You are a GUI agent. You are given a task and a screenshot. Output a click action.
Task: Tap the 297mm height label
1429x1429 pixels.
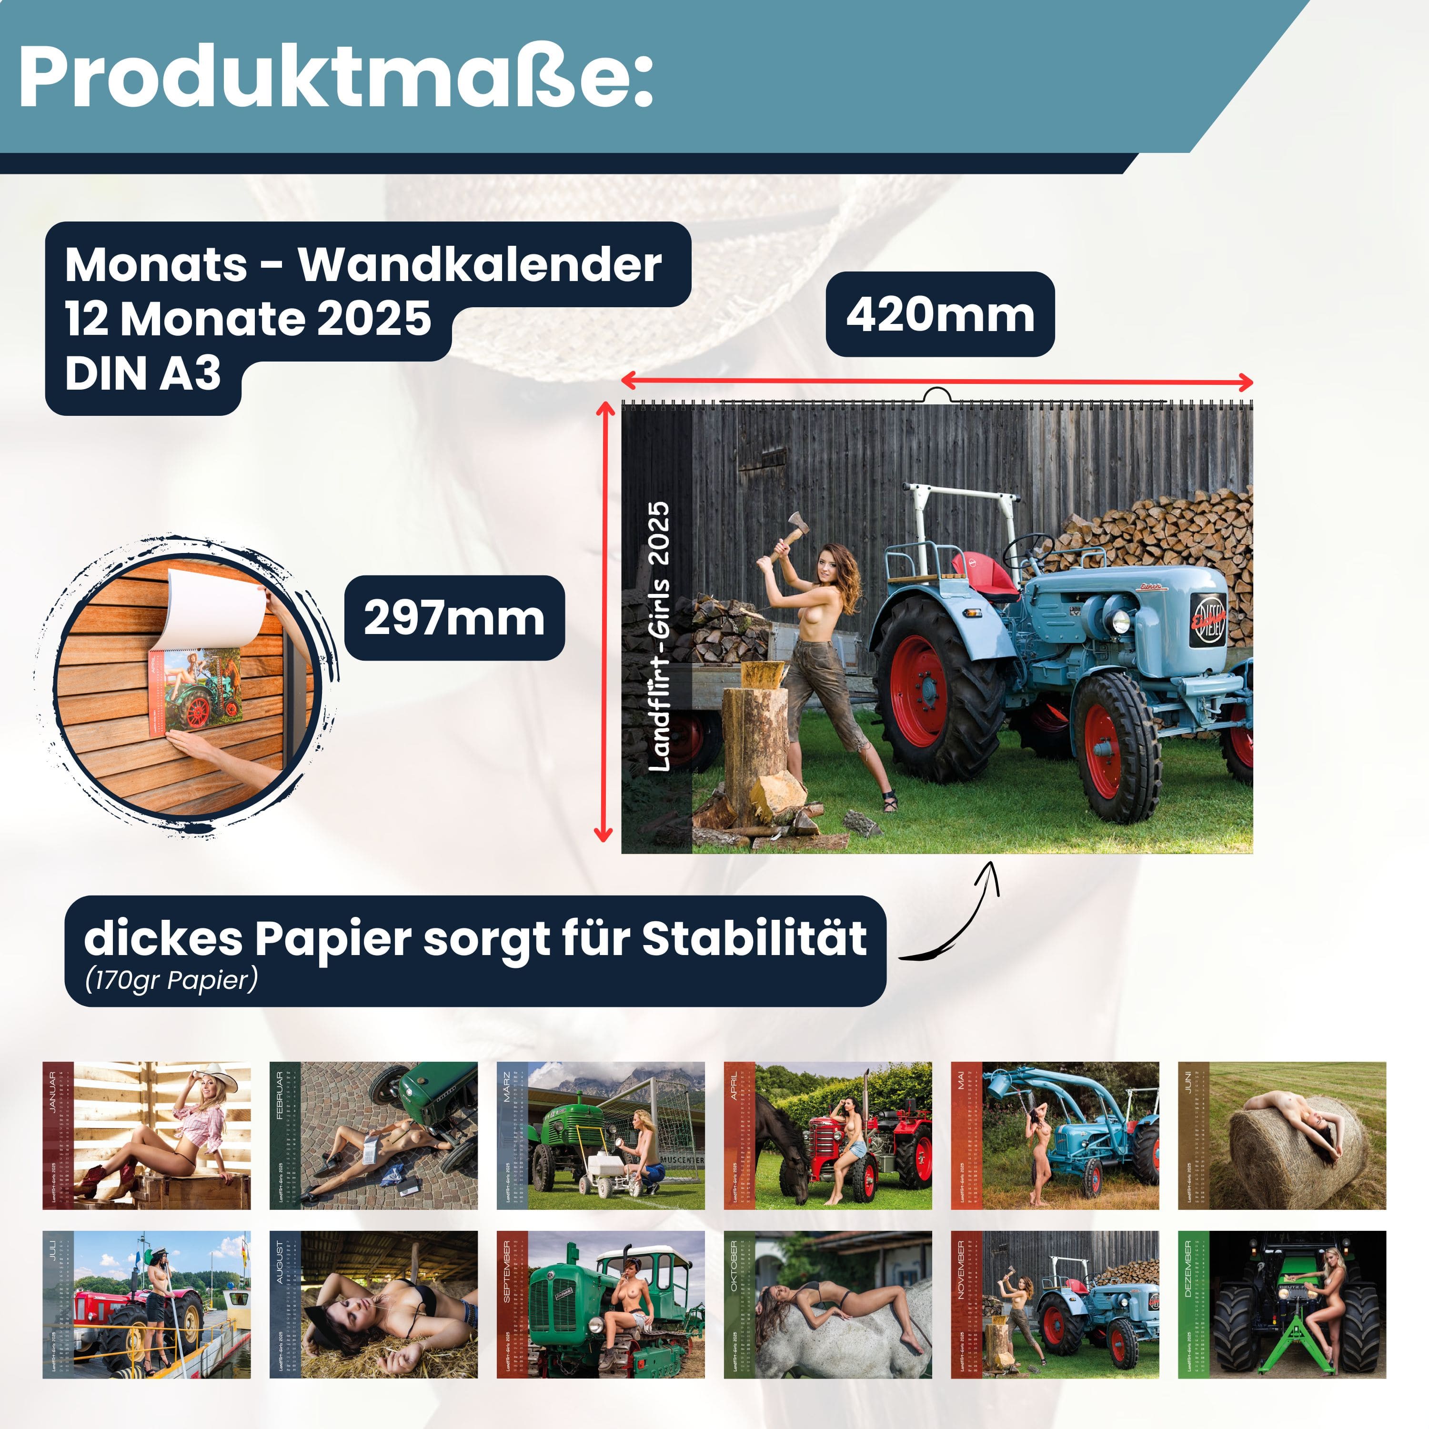point(454,618)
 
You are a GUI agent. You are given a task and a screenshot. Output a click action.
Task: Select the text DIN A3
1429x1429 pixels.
point(143,373)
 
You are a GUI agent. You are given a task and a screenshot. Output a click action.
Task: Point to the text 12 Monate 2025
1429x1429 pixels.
point(248,319)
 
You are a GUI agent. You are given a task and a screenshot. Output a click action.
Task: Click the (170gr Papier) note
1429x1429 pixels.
point(171,979)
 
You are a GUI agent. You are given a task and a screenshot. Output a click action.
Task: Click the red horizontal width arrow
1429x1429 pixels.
point(936,382)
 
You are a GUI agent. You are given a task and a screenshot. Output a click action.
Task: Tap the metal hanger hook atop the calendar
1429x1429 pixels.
point(936,395)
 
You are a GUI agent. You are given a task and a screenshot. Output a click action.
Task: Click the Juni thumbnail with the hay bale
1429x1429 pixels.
point(1281,1136)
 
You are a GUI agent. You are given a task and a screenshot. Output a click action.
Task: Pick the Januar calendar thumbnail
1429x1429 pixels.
point(146,1136)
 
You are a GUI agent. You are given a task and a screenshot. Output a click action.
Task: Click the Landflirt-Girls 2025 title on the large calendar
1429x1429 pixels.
point(658,636)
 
